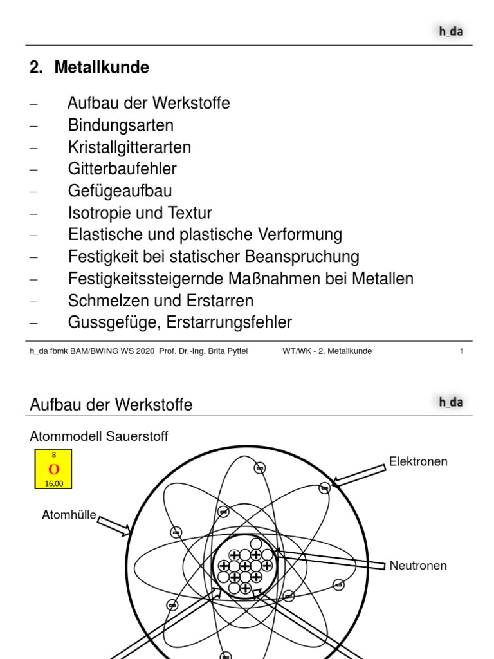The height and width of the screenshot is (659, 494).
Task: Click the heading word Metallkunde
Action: click(102, 67)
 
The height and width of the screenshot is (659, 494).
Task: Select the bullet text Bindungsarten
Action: click(121, 125)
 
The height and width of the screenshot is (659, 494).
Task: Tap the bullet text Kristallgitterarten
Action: click(129, 147)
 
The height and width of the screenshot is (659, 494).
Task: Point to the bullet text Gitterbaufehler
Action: click(122, 169)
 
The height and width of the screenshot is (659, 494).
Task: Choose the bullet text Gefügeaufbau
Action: click(120, 191)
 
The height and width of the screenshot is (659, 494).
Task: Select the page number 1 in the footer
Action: click(462, 351)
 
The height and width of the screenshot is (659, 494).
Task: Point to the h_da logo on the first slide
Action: click(451, 32)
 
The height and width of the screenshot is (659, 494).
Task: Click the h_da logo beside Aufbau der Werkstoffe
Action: click(451, 403)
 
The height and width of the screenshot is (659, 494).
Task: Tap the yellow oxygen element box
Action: click(54, 469)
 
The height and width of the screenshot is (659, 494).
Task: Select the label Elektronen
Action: click(418, 462)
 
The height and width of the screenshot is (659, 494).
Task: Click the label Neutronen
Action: click(418, 566)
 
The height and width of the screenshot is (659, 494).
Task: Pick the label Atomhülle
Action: click(69, 514)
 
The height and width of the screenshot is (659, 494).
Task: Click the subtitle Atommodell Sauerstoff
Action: click(99, 437)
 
